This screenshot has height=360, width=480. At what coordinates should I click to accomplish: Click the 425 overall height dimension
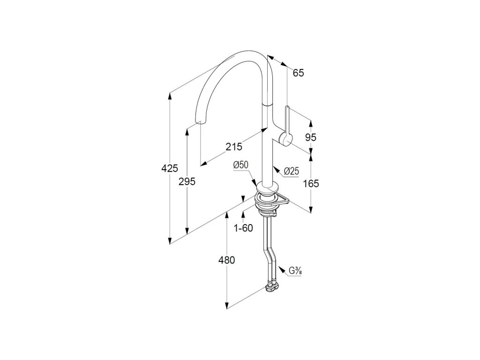tap(169, 167)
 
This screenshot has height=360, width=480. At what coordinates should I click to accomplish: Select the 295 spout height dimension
tap(187, 181)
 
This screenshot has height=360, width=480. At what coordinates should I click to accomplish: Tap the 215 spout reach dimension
tap(233, 147)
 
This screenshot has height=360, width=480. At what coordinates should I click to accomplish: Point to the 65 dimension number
tap(298, 73)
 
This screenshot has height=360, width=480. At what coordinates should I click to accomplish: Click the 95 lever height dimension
tap(311, 137)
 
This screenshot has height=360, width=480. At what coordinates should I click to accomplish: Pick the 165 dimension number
tap(311, 183)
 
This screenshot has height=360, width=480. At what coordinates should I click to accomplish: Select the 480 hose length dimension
tap(226, 260)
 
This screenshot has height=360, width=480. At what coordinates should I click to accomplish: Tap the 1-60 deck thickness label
tap(243, 228)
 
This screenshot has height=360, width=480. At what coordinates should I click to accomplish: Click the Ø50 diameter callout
tap(240, 164)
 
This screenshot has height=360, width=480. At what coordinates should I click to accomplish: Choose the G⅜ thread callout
tap(295, 271)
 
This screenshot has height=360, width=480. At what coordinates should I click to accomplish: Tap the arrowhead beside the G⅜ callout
tap(281, 270)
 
